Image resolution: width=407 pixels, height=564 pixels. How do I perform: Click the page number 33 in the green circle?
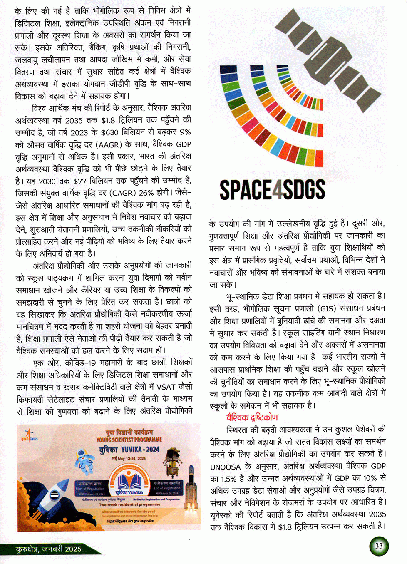click(x=378, y=546)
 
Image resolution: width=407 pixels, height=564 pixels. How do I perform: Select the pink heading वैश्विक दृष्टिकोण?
click(x=252, y=417)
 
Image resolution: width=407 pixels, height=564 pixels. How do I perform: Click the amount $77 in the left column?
click(x=80, y=181)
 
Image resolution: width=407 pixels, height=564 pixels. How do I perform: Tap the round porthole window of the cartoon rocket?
click(x=55, y=495)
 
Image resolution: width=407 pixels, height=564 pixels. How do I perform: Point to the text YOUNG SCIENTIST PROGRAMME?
click(x=129, y=440)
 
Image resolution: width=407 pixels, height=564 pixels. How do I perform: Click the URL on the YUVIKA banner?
click(x=130, y=520)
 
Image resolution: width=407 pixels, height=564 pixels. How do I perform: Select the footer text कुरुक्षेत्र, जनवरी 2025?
click(x=48, y=549)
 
